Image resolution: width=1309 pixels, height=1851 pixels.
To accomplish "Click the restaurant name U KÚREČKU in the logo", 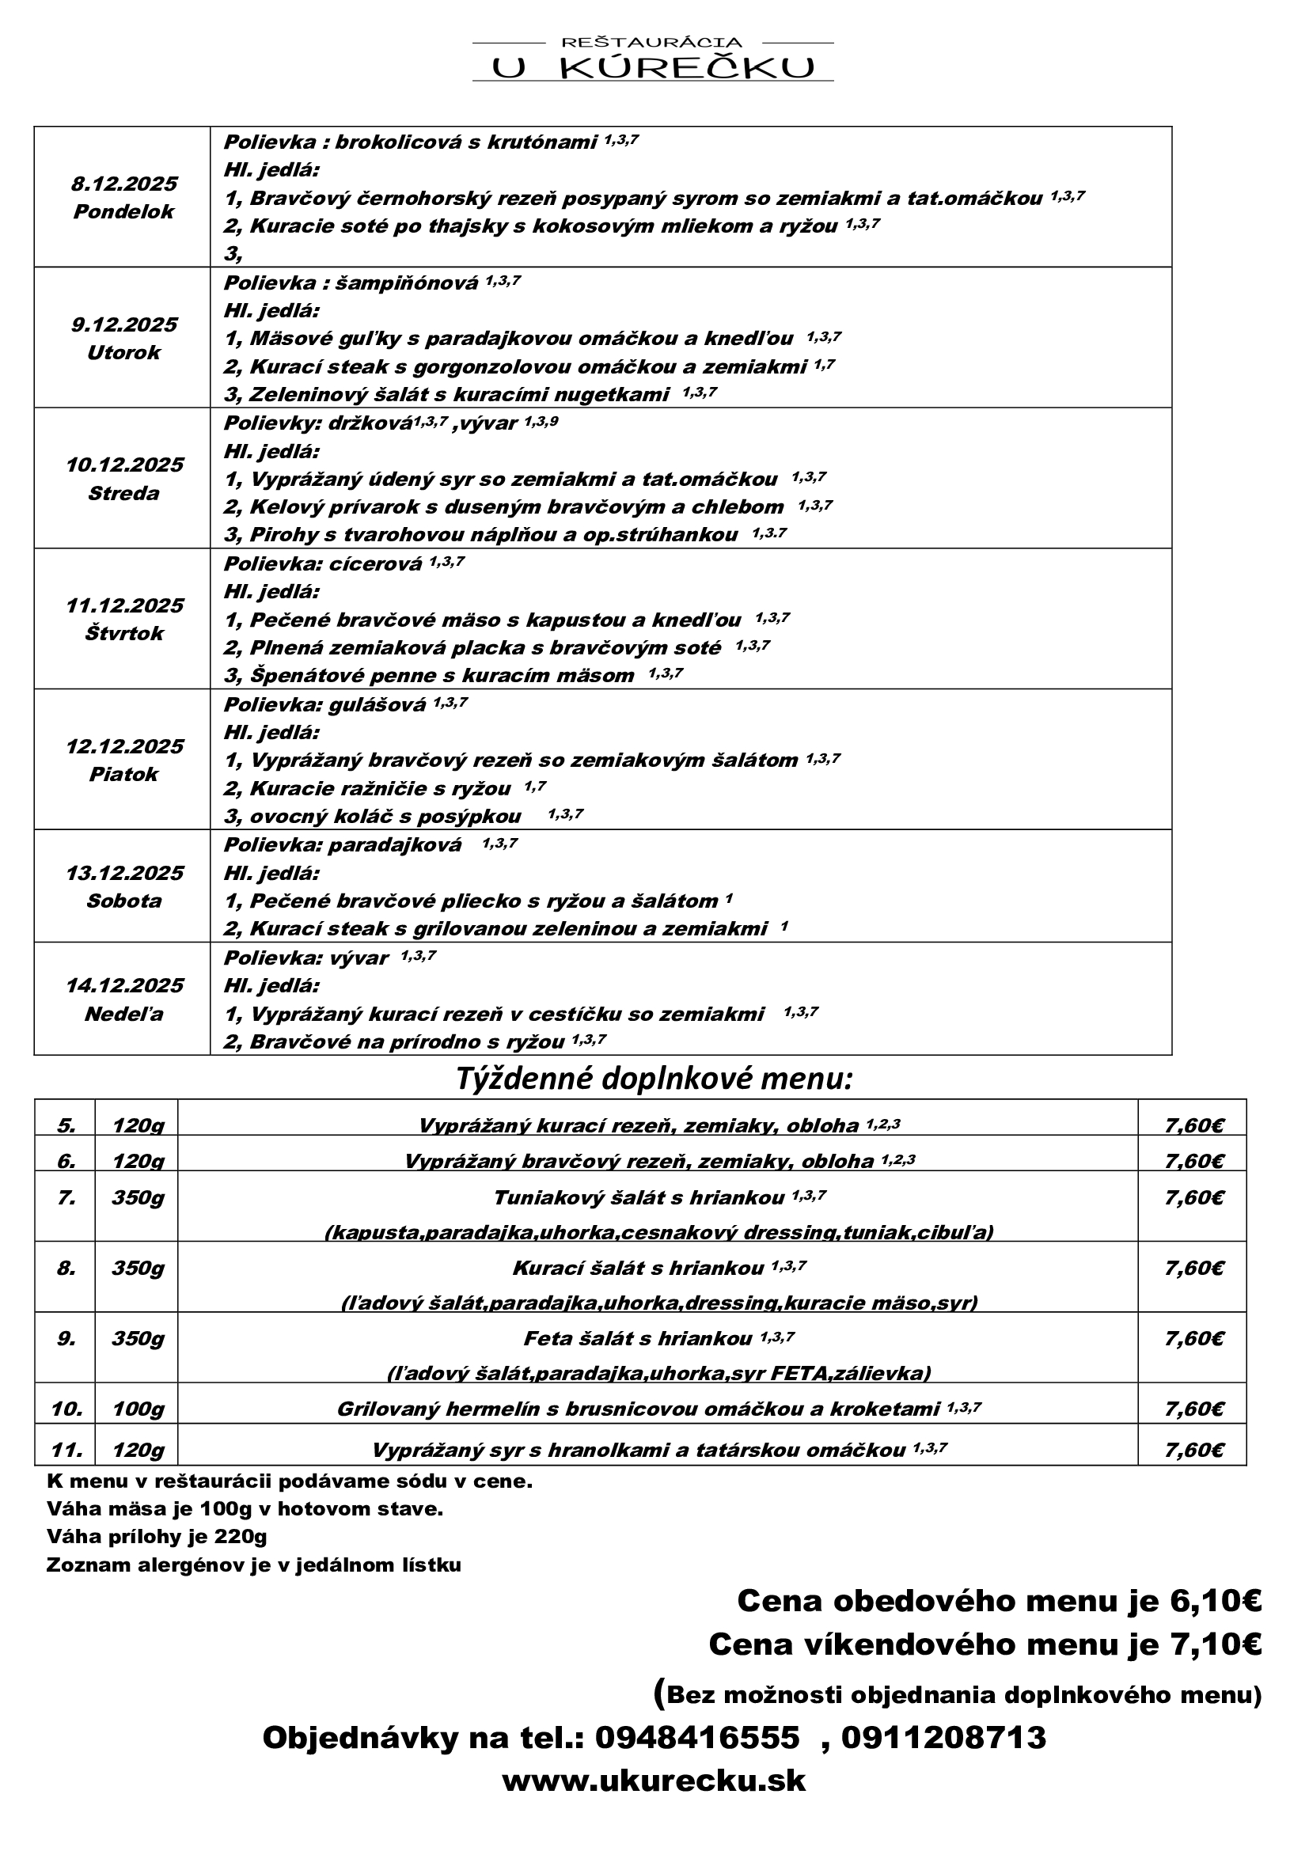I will tap(653, 69).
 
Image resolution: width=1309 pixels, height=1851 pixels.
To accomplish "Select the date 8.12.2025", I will tap(123, 184).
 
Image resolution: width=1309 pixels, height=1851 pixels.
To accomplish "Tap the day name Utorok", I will tap(123, 352).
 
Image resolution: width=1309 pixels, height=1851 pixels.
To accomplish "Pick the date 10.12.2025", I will tap(124, 465).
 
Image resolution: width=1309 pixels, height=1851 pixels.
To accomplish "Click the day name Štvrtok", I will tap(124, 634).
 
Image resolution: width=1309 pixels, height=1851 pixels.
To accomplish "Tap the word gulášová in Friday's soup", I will tap(377, 704).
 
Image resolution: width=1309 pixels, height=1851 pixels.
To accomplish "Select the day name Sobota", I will tap(123, 901).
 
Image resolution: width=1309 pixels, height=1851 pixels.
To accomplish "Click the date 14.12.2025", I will tap(124, 985).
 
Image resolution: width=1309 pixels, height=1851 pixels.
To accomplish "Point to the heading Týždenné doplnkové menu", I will tap(654, 1079).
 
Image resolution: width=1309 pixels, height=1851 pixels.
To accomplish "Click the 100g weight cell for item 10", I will tap(137, 1409).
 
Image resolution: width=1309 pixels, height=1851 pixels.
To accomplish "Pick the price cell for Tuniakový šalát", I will tap(1193, 1198).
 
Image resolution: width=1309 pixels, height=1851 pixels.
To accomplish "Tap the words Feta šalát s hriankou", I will tap(638, 1339).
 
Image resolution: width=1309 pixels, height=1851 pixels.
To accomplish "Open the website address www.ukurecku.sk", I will tap(654, 1780).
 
